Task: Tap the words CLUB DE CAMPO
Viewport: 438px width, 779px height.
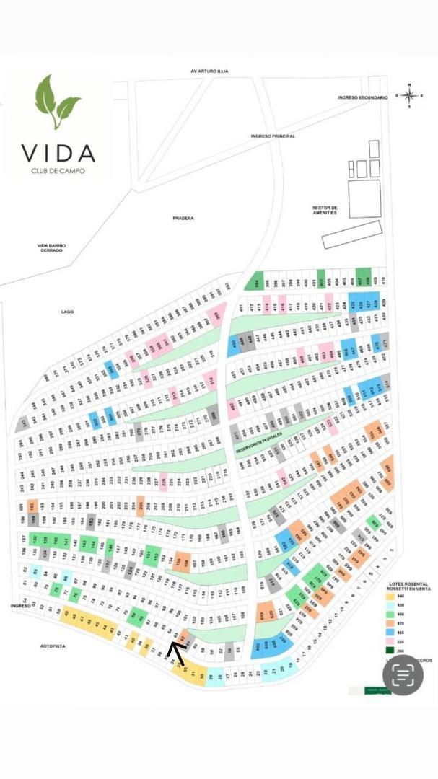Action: tap(58, 170)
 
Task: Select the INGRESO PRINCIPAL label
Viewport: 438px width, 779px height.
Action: tap(273, 136)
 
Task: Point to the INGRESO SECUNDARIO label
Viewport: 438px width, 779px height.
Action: tap(363, 97)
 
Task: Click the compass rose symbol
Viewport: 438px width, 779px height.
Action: tap(409, 95)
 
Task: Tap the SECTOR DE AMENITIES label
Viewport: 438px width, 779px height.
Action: tap(325, 210)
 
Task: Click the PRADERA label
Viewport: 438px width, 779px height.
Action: tap(183, 218)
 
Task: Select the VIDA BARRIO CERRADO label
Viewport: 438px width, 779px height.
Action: tap(52, 247)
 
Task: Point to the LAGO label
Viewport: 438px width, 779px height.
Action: tap(68, 312)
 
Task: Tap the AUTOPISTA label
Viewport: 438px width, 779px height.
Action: tap(52, 646)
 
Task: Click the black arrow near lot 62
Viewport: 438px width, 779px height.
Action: tap(176, 651)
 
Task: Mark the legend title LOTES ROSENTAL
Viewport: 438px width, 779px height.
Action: tap(408, 584)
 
